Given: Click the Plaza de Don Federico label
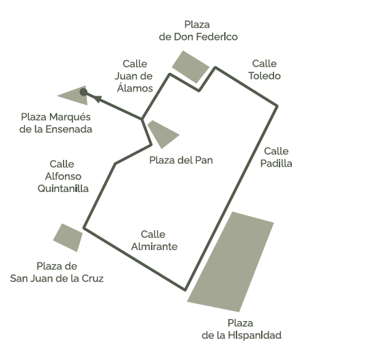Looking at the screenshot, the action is (x=198, y=31).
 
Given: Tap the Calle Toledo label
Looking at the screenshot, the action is (x=265, y=70).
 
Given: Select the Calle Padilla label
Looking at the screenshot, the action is (x=276, y=157).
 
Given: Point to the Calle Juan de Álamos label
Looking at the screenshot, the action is (x=134, y=76).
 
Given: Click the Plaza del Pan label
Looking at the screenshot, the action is (x=181, y=161).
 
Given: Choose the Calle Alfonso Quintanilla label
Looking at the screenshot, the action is (x=63, y=176).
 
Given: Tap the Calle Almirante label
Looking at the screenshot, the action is (x=154, y=240).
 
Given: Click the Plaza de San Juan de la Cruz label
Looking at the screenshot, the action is (x=57, y=273).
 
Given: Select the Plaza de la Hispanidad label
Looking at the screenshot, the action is (x=241, y=329).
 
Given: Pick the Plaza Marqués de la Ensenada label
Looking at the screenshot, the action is (x=55, y=123).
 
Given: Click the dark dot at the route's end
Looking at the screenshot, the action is (x=83, y=92).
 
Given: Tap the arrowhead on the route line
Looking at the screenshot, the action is (x=97, y=98).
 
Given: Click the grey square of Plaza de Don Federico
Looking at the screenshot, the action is (x=191, y=67).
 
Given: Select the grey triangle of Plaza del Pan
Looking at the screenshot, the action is (x=162, y=133).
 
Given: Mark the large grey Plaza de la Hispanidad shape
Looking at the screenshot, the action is (x=231, y=262).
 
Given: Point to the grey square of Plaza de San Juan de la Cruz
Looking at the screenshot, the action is (x=68, y=238).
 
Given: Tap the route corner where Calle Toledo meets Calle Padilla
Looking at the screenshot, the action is (x=278, y=106).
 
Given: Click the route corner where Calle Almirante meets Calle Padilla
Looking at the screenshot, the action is (x=185, y=290).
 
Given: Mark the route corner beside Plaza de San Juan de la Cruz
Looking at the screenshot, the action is (x=84, y=227).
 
